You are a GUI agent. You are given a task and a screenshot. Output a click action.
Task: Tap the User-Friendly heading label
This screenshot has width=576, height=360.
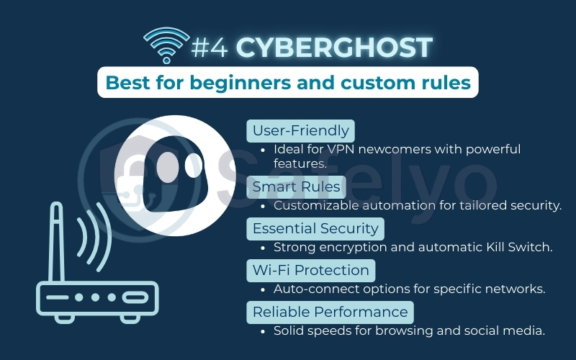(x=300, y=130)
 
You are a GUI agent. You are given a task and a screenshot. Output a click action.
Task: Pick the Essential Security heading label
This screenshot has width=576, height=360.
(x=315, y=228)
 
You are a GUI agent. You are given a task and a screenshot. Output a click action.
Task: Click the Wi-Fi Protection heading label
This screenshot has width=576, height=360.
(x=310, y=270)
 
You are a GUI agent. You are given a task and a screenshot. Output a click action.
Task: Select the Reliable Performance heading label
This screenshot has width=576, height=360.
(x=330, y=312)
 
